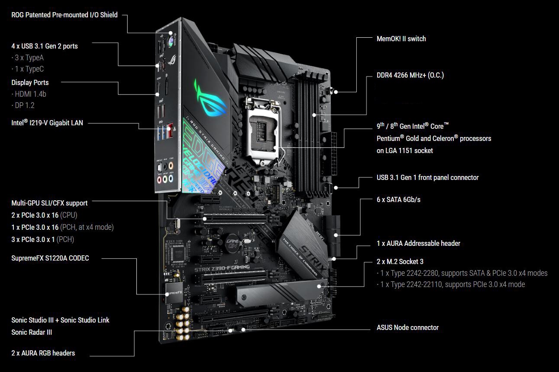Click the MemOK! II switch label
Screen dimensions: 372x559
(x=401, y=39)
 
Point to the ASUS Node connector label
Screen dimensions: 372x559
(x=407, y=327)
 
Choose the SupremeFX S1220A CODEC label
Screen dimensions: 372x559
(x=50, y=258)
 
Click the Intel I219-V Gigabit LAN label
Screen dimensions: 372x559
(x=47, y=123)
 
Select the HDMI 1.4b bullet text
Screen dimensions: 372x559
(x=29, y=94)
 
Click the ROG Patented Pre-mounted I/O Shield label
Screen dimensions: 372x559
(x=64, y=15)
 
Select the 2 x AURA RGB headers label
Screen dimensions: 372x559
(x=43, y=353)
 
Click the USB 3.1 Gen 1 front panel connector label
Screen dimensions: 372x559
(x=427, y=177)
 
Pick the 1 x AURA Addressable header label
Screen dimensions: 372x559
(x=418, y=243)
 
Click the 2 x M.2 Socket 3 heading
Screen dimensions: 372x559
(x=400, y=261)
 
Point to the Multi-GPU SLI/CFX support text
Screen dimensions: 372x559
(x=49, y=203)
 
